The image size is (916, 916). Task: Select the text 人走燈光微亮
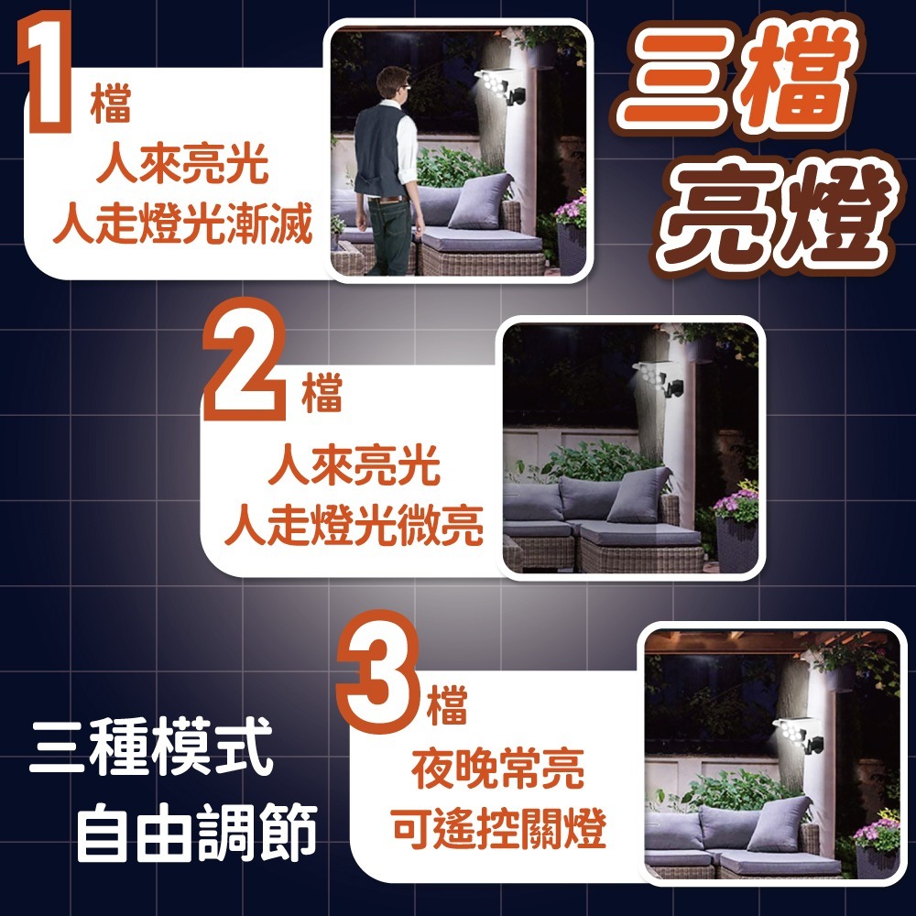(x=354, y=526)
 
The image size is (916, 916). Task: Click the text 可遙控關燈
(x=497, y=830)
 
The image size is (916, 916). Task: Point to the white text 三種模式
(x=151, y=747)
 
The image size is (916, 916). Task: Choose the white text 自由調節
(x=196, y=833)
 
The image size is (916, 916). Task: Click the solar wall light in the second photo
(x=659, y=381)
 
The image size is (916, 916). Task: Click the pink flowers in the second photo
(x=736, y=504)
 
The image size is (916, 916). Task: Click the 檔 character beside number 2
(x=322, y=395)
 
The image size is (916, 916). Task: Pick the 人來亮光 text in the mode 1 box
(x=182, y=167)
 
